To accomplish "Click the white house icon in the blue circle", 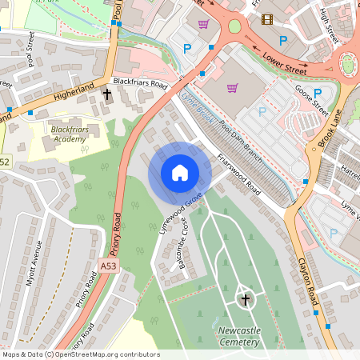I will coord(180,173).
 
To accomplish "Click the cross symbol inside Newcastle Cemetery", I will coord(245,300).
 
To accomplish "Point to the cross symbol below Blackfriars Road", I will coord(107,95).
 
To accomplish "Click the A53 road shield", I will coord(109,266).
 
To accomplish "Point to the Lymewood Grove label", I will coord(179,209).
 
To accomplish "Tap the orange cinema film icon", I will coord(266,19).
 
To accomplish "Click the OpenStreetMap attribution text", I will coord(80,354).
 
